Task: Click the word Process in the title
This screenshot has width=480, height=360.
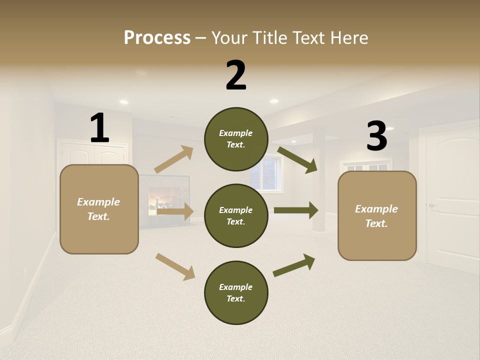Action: point(157,37)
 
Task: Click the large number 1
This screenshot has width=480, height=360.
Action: point(99,128)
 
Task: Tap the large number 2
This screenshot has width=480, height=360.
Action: point(236,75)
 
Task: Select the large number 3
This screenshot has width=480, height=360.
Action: point(376,136)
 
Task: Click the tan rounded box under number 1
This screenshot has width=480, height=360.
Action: point(99,209)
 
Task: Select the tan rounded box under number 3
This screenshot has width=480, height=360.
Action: point(377,215)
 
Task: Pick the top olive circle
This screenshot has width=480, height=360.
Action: point(236,139)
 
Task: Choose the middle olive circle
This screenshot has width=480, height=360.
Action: point(236,215)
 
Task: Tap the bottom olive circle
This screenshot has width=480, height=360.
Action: point(236,292)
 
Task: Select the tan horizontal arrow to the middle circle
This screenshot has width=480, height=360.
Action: point(175,212)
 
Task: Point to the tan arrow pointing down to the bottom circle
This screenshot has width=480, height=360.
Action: point(175,266)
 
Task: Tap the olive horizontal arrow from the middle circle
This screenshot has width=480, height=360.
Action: point(296,210)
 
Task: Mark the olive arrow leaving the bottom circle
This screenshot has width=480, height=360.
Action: point(294,265)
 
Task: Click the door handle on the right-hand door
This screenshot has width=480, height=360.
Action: point(431,205)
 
